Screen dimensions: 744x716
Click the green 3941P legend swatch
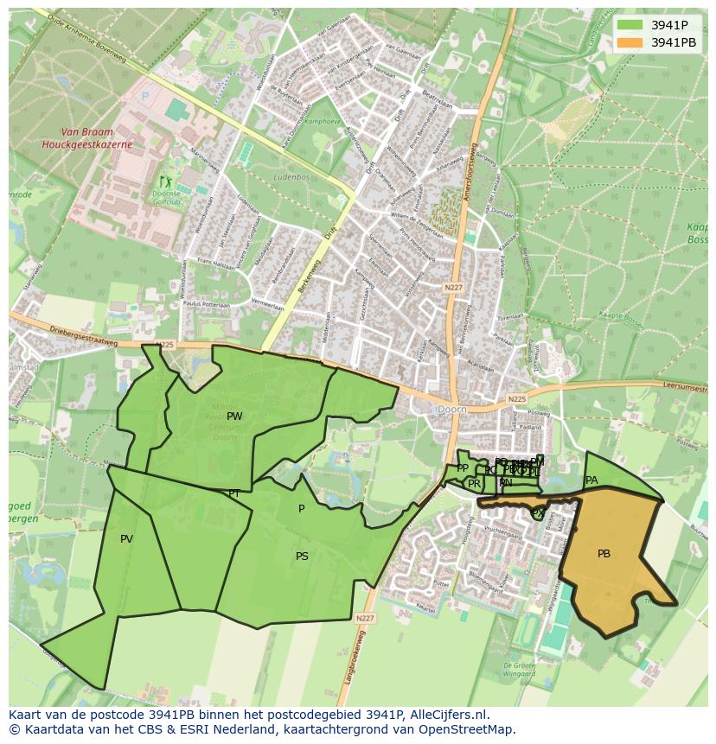tap(630, 25)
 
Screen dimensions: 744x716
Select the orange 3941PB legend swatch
tap(630, 42)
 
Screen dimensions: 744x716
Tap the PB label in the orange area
tap(604, 554)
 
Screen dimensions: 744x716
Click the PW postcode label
tap(234, 417)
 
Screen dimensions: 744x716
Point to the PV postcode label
tap(126, 539)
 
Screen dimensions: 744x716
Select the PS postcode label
tap(302, 556)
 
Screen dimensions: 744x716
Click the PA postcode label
tap(591, 480)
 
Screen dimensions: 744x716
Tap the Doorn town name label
tap(452, 408)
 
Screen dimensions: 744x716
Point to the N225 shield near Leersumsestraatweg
tap(516, 399)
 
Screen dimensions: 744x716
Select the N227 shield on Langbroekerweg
tap(364, 618)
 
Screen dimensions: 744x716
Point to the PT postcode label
tap(234, 493)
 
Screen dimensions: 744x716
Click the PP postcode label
tap(463, 468)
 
